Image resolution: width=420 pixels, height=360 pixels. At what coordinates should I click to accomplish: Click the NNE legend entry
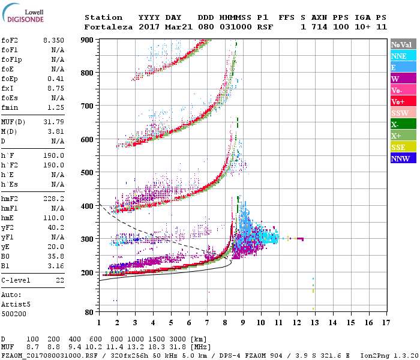click(x=403, y=56)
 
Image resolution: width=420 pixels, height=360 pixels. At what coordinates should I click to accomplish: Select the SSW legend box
click(x=403, y=113)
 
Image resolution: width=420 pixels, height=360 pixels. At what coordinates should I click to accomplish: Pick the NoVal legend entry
click(x=403, y=44)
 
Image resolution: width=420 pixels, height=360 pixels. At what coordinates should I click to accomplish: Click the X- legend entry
click(x=403, y=124)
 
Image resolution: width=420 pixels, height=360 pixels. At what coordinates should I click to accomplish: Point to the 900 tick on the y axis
click(x=88, y=40)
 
